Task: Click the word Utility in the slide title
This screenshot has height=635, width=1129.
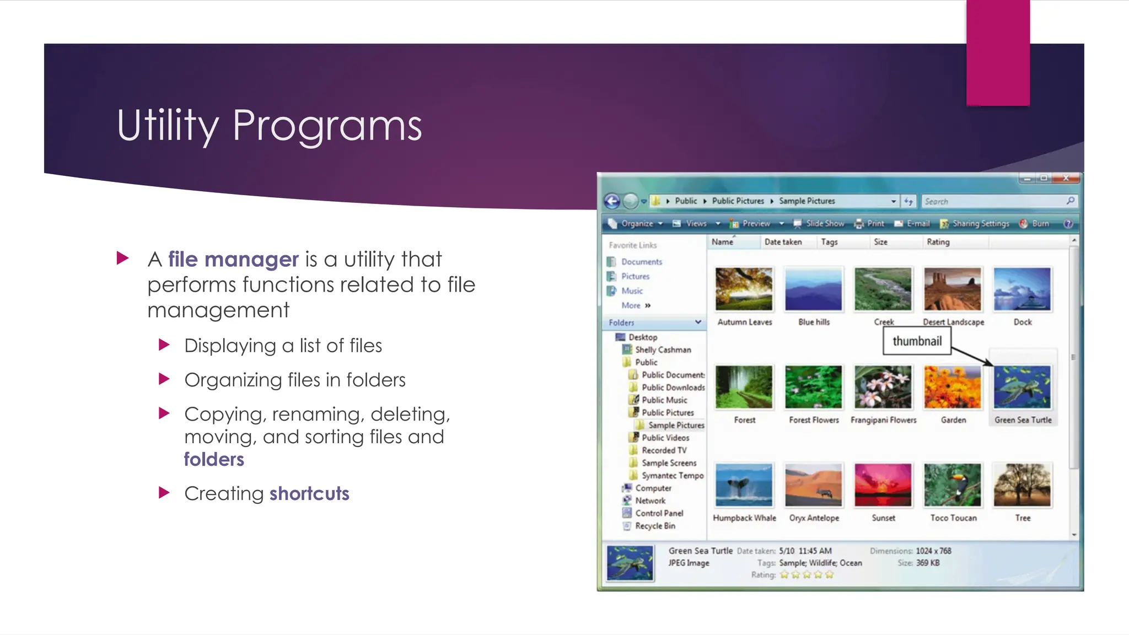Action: coord(168,126)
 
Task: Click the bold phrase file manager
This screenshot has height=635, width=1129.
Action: coord(233,259)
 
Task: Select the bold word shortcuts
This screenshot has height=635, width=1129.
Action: coord(309,493)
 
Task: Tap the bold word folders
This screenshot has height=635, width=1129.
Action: coord(214,459)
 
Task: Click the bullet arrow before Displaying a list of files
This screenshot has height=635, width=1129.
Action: coord(164,346)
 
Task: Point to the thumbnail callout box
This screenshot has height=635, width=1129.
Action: coord(917,341)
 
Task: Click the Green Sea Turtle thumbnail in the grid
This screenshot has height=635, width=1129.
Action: coord(1022,388)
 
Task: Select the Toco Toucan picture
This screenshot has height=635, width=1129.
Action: coord(953,485)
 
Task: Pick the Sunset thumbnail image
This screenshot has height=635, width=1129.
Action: coord(883,485)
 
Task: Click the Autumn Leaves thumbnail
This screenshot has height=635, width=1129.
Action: coord(744,289)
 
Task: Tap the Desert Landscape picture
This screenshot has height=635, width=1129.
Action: coord(953,289)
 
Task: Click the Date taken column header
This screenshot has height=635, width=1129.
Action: coord(783,242)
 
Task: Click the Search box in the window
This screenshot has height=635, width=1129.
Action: coord(992,201)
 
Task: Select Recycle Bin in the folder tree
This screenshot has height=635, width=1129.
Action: coord(654,526)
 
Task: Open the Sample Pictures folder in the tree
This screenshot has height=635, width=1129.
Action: coord(676,425)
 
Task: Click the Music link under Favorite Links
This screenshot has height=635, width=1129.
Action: coord(632,290)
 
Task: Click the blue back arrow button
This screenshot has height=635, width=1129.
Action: coord(612,201)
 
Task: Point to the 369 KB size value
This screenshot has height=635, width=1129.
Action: coord(928,563)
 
